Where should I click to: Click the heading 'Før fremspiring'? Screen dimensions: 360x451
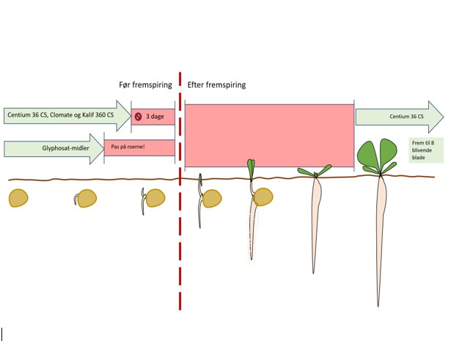tap(145, 85)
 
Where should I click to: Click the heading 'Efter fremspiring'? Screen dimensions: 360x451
tap(216, 85)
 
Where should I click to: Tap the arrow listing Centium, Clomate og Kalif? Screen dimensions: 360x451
tap(62, 115)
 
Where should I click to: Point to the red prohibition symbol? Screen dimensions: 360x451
tap(138, 116)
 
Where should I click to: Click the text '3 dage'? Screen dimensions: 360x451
tap(155, 116)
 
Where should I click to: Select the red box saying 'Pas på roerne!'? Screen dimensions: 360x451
tap(139, 148)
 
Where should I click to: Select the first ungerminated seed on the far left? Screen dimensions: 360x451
tap(19, 198)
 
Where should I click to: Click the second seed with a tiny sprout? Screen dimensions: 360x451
tap(87, 199)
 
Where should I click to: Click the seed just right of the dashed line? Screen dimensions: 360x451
tap(212, 199)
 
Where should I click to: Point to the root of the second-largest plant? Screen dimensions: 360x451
tap(315, 220)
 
